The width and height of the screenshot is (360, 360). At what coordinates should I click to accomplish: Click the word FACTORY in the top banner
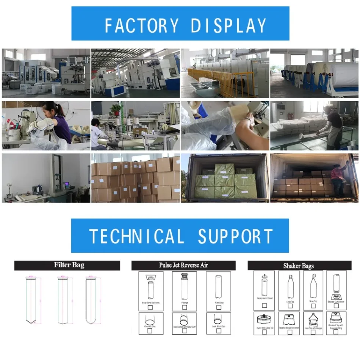[141, 25]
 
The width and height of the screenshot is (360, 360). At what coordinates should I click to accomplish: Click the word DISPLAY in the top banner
[229, 25]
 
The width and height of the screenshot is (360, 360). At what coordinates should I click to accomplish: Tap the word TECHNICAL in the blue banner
[136, 236]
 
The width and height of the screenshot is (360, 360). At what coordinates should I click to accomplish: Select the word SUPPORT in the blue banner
[235, 236]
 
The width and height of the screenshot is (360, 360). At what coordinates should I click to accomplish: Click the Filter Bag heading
[67, 265]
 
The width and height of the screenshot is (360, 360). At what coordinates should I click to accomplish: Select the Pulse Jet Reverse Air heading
[183, 265]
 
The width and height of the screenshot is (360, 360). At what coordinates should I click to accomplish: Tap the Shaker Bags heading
[298, 266]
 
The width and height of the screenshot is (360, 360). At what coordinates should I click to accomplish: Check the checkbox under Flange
[185, 307]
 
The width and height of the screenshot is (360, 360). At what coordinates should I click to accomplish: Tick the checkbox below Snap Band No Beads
[150, 307]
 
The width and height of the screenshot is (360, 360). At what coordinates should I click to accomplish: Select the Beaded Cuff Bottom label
[336, 302]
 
